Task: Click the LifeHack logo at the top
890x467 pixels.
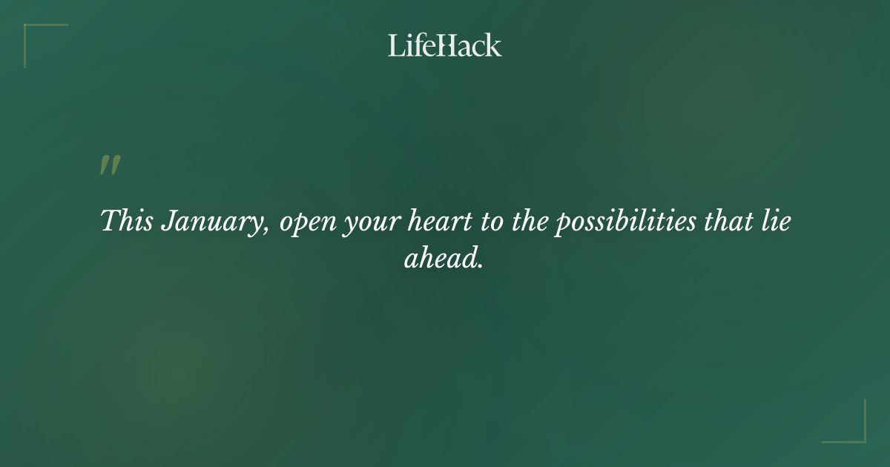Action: (x=444, y=45)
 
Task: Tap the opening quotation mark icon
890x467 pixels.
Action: (x=110, y=166)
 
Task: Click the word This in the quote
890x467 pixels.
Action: (x=127, y=222)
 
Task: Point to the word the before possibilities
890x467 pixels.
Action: (x=530, y=222)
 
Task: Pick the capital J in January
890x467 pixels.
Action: (x=168, y=222)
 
